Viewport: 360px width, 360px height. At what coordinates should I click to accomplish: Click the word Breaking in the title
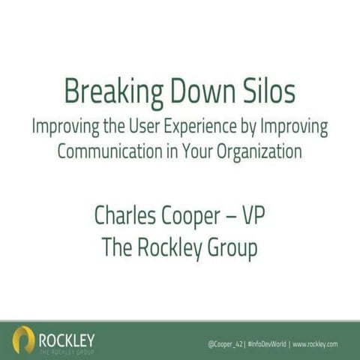tap(106, 92)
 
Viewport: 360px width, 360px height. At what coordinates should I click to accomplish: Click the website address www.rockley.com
tap(315, 344)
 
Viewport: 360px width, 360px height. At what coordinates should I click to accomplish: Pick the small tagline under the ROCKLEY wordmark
tap(67, 349)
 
